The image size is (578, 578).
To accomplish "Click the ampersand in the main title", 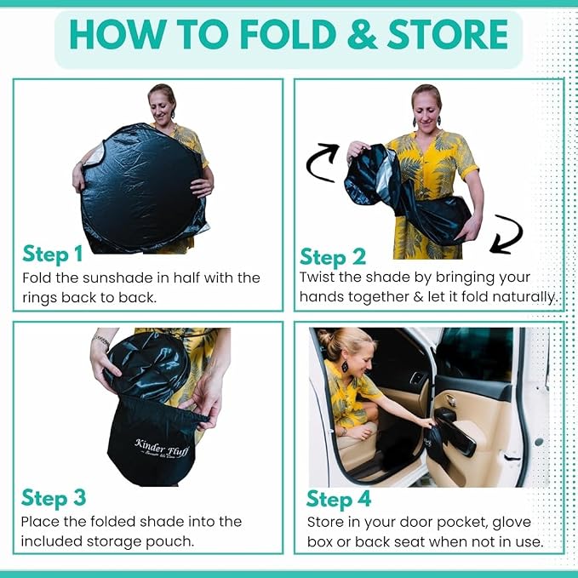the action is click(x=362, y=34).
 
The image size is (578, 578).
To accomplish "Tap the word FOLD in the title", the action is click(x=289, y=34).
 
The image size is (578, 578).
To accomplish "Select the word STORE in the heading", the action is click(x=448, y=34).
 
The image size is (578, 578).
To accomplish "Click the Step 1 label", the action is click(x=52, y=254).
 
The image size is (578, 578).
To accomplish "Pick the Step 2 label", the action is click(x=333, y=257).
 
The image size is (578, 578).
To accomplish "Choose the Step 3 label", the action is click(x=54, y=498).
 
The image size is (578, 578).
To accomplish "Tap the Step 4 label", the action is click(x=339, y=500).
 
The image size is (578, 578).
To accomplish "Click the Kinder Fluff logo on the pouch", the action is click(x=162, y=449).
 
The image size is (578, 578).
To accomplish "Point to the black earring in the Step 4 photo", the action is click(x=345, y=366).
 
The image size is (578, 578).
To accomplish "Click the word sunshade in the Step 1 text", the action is click(x=117, y=278).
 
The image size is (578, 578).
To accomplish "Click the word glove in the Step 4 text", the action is click(x=512, y=522).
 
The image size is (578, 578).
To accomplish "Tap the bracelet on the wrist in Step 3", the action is click(x=101, y=341).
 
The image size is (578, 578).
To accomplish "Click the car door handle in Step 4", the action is click(x=449, y=400).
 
